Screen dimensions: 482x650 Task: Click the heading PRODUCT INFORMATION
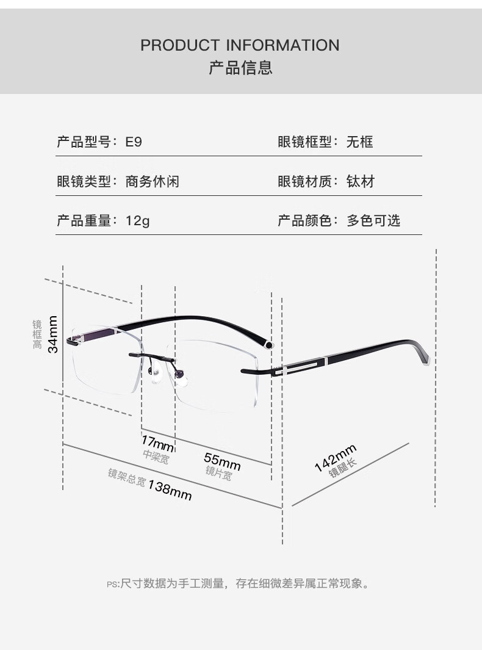(x=240, y=45)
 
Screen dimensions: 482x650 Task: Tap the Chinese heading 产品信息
(x=240, y=68)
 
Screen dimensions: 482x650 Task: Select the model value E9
(x=134, y=142)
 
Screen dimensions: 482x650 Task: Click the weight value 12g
(x=137, y=220)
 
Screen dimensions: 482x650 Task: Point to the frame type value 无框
(x=360, y=142)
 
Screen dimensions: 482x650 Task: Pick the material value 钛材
(x=360, y=181)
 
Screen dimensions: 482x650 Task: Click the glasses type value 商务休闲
(x=152, y=181)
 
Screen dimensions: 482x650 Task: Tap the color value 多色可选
(x=373, y=220)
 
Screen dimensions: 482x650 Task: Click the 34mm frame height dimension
(x=52, y=334)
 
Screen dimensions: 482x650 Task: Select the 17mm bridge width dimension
(x=157, y=443)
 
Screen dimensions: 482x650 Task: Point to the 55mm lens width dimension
(x=222, y=461)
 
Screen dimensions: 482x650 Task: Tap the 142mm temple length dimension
(x=336, y=458)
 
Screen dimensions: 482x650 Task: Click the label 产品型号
(x=84, y=142)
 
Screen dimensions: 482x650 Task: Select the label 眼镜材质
(x=304, y=181)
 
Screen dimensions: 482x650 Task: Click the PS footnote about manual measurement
(x=238, y=583)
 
